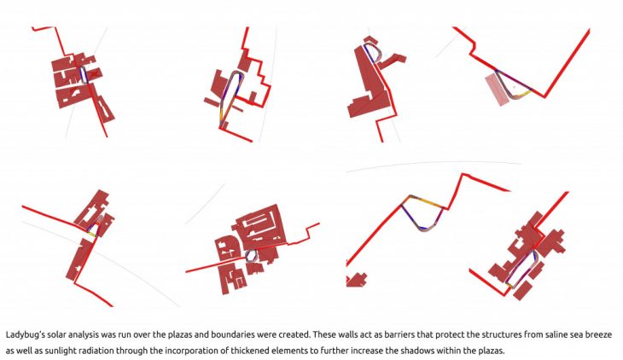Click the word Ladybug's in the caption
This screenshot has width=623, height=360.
coord(25,335)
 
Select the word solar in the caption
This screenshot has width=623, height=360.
coord(57,334)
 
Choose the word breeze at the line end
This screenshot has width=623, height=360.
coord(600,334)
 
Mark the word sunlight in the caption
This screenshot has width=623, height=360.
coord(58,351)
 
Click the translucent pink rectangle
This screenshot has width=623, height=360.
coord(497,89)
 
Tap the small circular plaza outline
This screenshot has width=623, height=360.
coord(251,256)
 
